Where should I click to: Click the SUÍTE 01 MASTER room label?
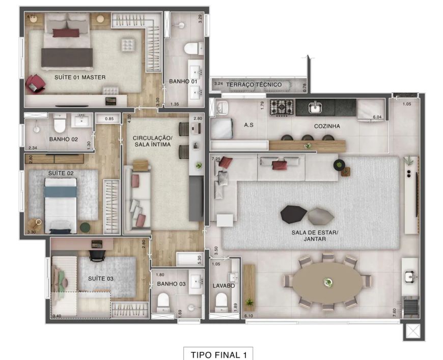coord(80,77)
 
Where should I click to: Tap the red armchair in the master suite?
coord(35,84)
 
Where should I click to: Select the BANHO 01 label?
coord(183,81)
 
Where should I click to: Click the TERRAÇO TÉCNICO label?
coord(254,85)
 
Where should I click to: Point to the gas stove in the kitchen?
coord(282,107)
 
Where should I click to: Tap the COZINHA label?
coord(327,126)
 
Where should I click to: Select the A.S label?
coord(248,125)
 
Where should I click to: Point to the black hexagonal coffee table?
coord(293,214)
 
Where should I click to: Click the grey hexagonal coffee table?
coord(321,216)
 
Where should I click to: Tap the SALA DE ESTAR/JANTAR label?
coord(315,236)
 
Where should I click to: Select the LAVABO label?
coord(224,286)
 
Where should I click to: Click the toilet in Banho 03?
coord(163,302)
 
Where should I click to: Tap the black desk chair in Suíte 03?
coord(97,255)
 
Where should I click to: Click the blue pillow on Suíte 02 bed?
coord(61,191)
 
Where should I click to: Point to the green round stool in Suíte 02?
coord(85,228)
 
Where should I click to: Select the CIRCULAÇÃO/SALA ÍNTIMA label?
coord(153,141)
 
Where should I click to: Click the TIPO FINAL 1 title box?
coord(218,354)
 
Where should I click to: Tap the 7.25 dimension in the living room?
coord(216,159)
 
